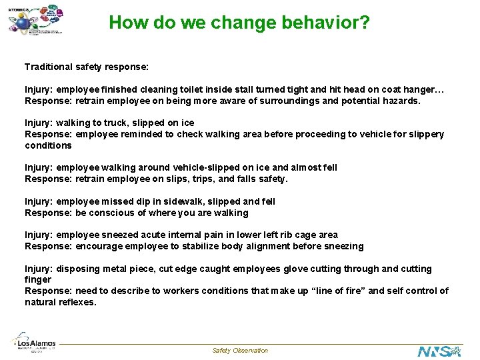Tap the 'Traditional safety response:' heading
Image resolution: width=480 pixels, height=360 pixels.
click(x=87, y=67)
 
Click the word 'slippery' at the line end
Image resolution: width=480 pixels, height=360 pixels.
click(x=425, y=134)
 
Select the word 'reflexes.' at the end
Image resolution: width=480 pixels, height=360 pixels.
click(x=77, y=302)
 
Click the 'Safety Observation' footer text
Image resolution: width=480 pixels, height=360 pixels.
click(x=240, y=351)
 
